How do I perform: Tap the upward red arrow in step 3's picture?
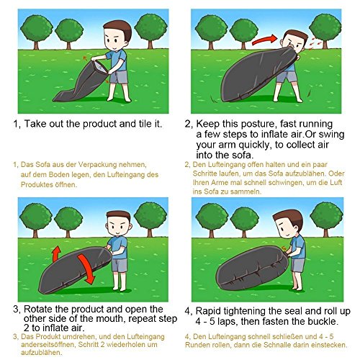pyautogui.click(x=56, y=253)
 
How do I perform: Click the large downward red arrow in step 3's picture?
pyautogui.click(x=86, y=269)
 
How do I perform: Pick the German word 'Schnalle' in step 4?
pyautogui.click(x=278, y=345)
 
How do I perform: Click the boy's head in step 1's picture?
pyautogui.click(x=118, y=35)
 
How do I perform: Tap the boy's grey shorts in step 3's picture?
pyautogui.click(x=120, y=265)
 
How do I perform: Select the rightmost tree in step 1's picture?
pyautogui.click(x=151, y=30)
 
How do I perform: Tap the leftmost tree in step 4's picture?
pyautogui.click(x=212, y=219)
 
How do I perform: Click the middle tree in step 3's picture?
pyautogui.click(x=68, y=221)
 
